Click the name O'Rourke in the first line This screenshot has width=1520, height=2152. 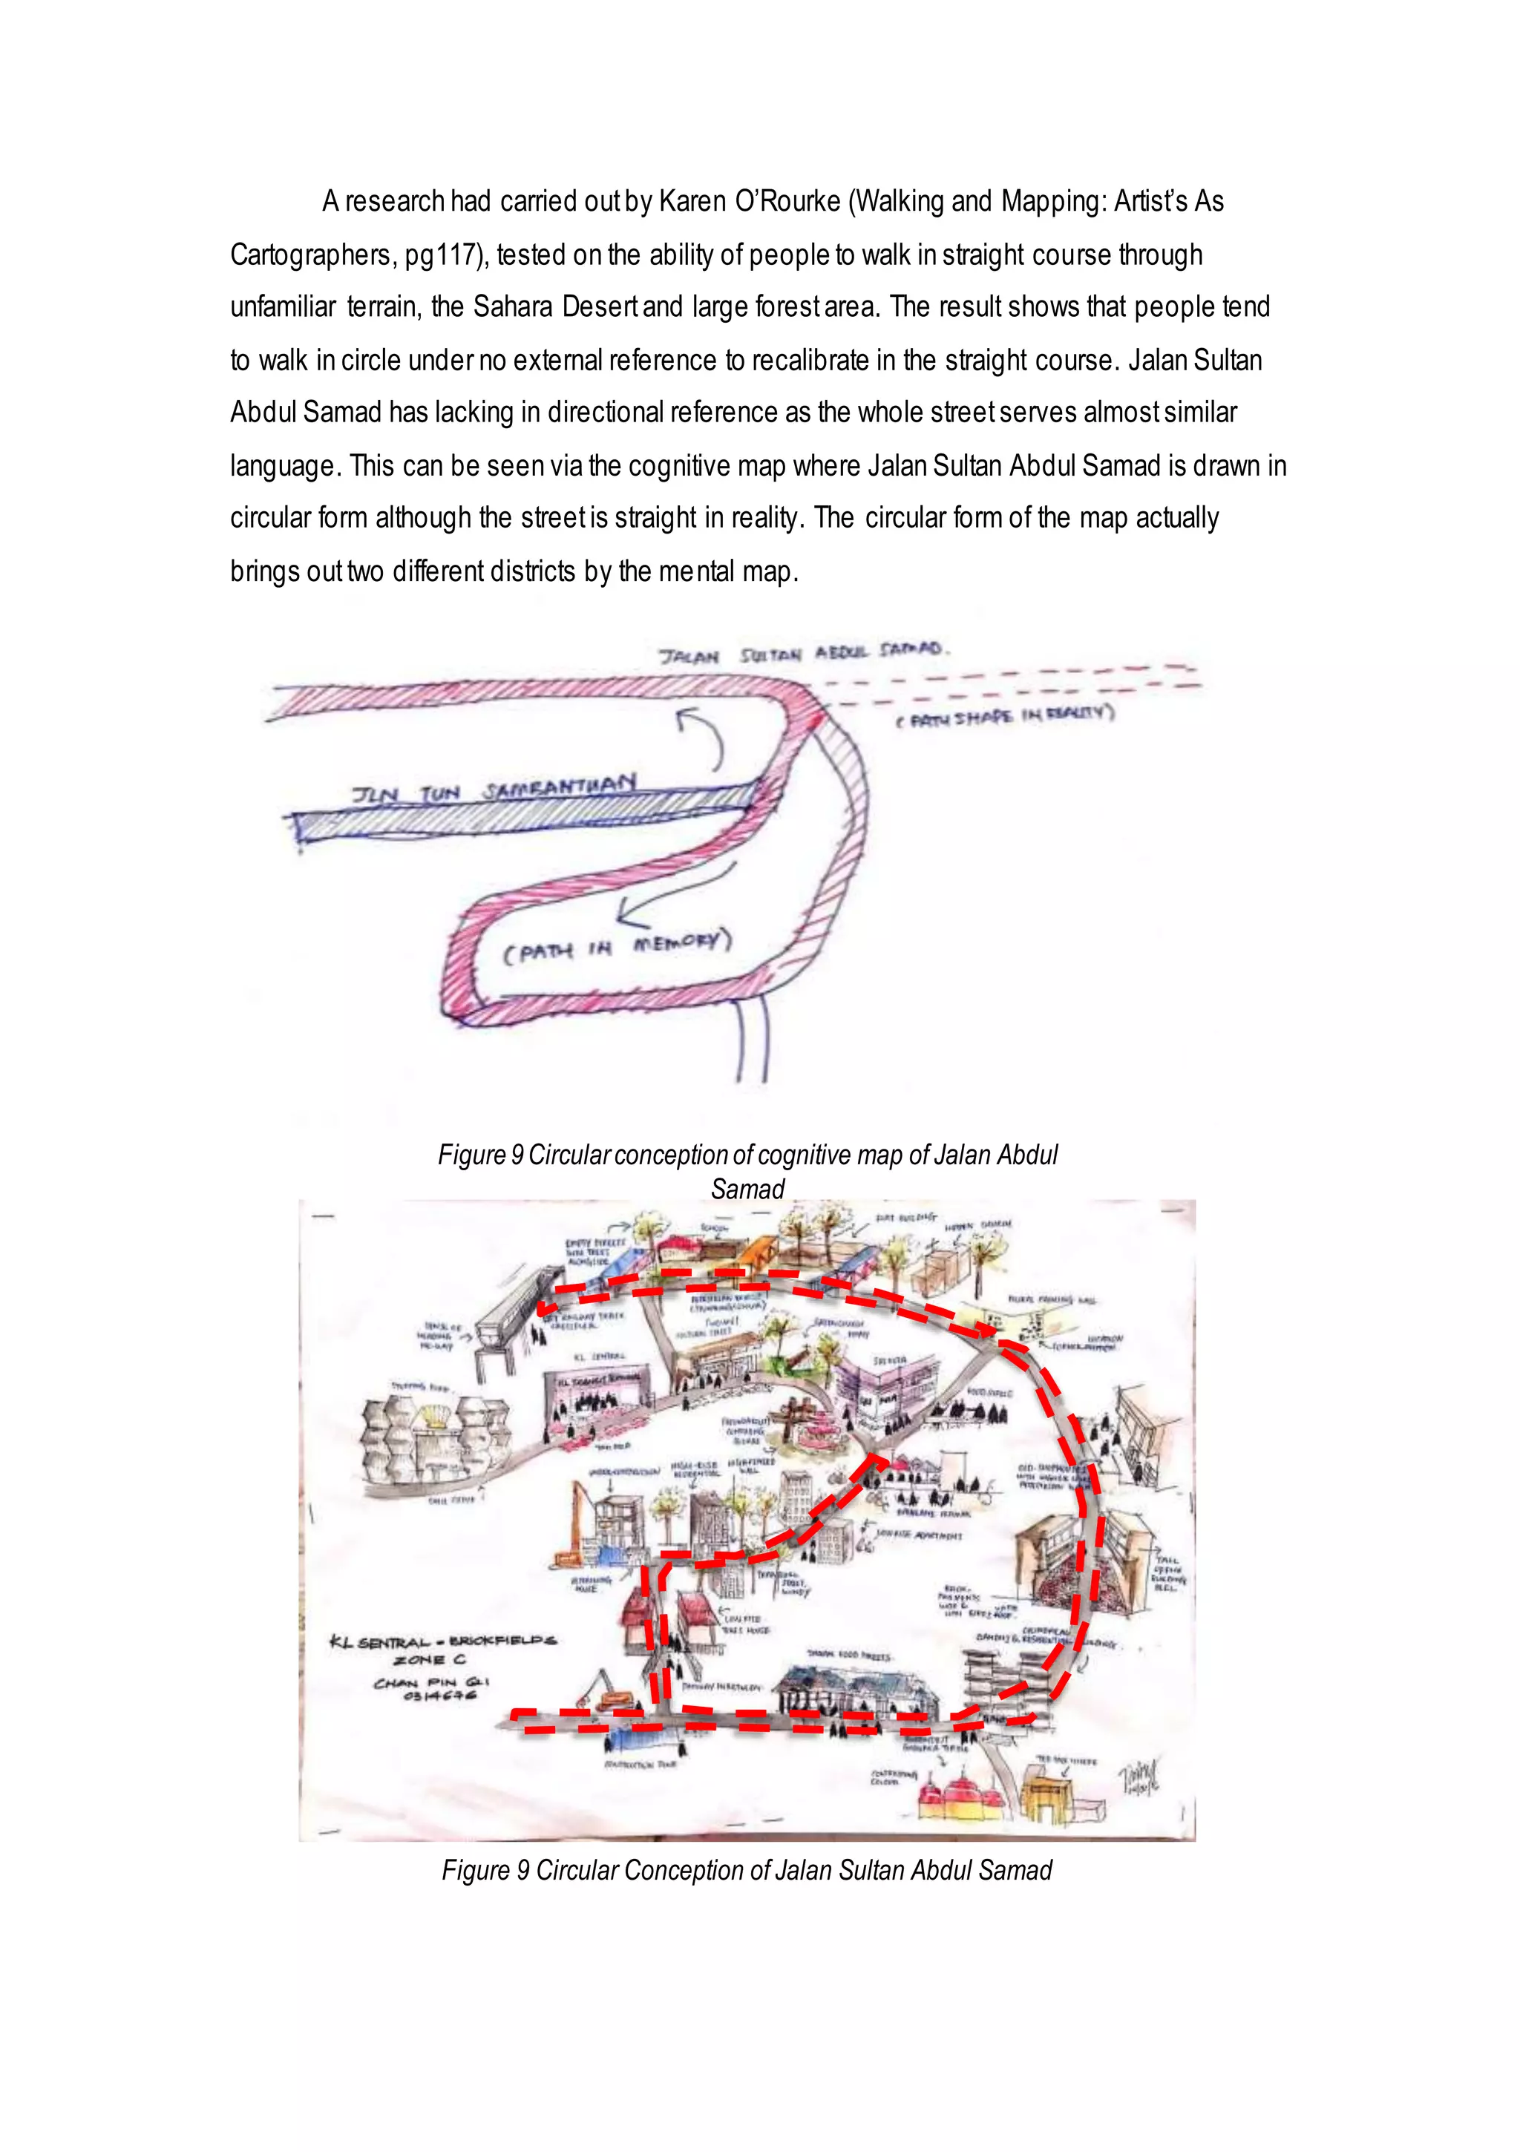click(787, 202)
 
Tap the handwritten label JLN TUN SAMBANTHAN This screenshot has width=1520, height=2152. click(494, 790)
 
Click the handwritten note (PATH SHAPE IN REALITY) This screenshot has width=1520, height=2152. click(1003, 715)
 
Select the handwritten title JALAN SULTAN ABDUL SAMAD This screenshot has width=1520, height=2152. click(804, 653)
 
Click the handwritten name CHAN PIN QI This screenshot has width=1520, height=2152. click(430, 1682)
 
